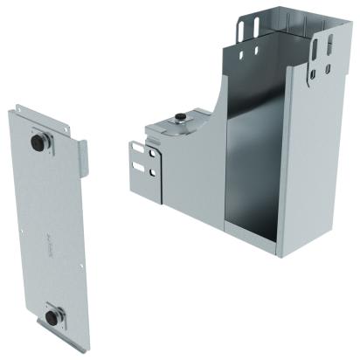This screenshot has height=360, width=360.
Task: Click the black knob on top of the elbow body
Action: coord(179,117)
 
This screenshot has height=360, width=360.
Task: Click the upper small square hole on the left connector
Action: coord(154,154)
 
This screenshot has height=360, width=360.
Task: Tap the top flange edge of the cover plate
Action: coord(44,113)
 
